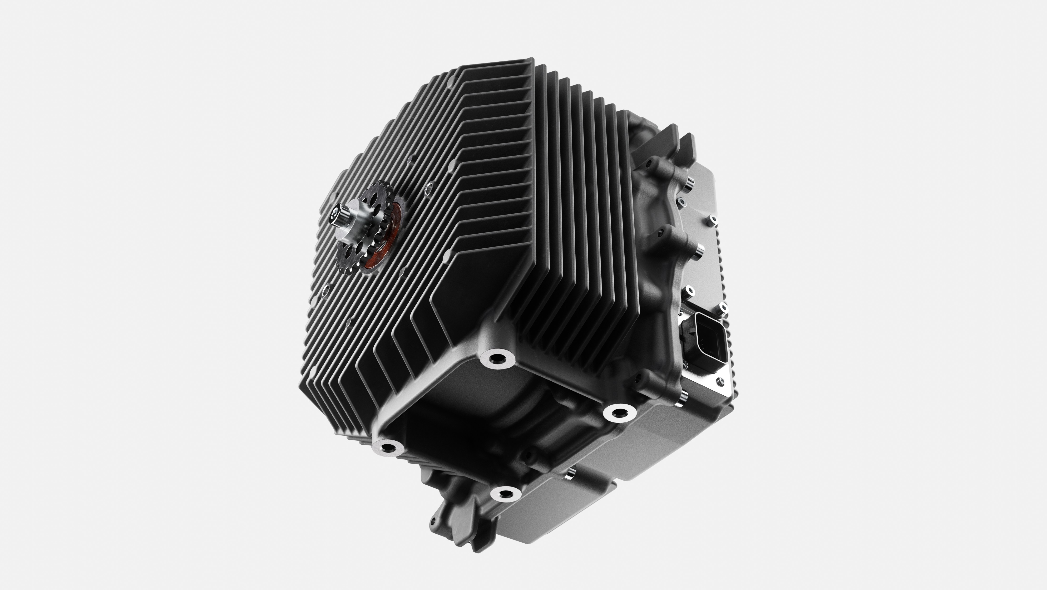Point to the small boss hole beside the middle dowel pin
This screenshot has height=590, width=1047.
point(661,233)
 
